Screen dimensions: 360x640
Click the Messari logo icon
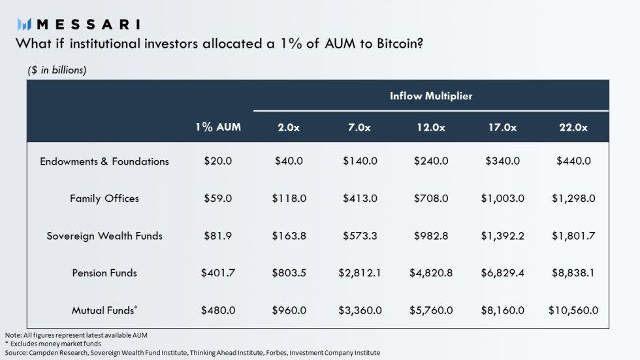tap(25, 24)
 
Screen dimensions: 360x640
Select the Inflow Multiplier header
tap(431, 96)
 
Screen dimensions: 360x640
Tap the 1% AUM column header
tap(217, 127)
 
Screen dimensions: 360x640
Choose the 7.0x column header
tap(359, 127)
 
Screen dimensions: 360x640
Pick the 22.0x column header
tap(573, 127)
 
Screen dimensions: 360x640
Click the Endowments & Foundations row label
tap(104, 161)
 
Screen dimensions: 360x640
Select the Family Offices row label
tap(104, 199)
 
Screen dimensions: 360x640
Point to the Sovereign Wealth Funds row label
tap(104, 236)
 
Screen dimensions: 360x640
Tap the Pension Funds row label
tap(104, 273)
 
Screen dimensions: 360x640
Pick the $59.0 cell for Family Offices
tap(217, 199)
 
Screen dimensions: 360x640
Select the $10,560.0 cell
tap(573, 310)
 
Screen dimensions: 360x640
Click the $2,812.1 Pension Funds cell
tap(360, 273)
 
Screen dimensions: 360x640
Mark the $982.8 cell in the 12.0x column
tap(431, 236)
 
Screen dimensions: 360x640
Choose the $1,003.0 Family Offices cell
tap(502, 199)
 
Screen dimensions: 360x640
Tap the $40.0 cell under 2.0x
tap(289, 161)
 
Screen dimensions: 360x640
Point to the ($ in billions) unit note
tap(57, 70)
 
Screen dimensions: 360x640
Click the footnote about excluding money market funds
tap(53, 344)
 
